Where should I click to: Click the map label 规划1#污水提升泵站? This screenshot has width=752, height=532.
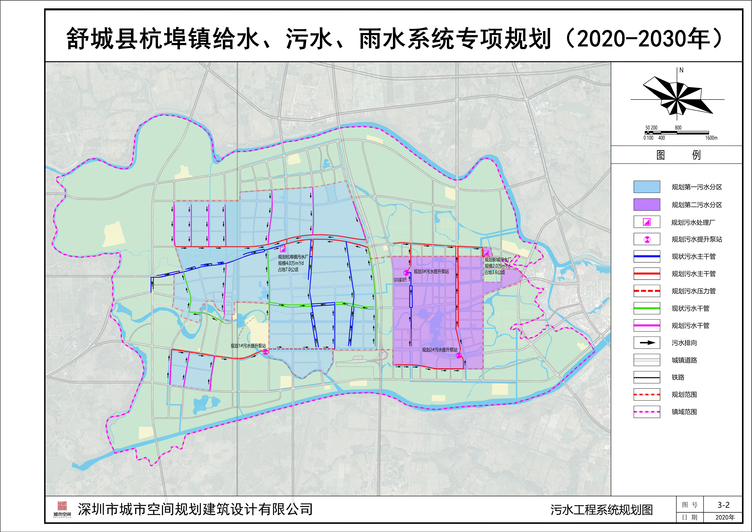[248, 346]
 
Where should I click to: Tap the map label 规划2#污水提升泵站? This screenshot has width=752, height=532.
[440, 350]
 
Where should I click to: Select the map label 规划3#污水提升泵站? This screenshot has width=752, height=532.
[431, 271]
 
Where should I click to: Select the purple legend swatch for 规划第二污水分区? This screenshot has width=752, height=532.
[647, 205]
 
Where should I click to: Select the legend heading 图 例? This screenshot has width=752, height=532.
[678, 155]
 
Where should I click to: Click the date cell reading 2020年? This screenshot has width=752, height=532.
[725, 517]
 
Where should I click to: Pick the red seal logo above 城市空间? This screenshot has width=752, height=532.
[62, 506]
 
